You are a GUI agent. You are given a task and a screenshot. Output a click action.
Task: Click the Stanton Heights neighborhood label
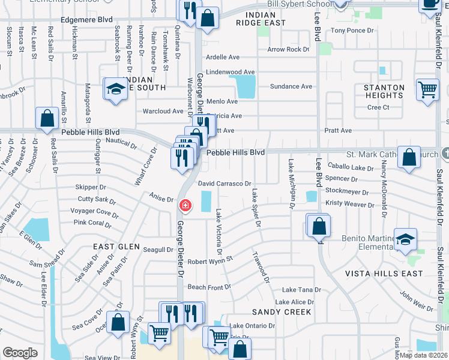(x=384, y=91)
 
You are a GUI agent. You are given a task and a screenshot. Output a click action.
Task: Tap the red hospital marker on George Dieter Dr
(x=185, y=206)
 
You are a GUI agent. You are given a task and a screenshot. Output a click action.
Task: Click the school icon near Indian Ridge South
(x=115, y=90)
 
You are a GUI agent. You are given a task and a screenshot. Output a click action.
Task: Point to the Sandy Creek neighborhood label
(x=282, y=312)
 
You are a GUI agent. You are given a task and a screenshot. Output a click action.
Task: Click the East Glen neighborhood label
(x=116, y=247)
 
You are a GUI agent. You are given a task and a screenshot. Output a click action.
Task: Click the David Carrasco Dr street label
(x=224, y=184)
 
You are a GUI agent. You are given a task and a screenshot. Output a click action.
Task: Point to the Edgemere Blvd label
(x=86, y=19)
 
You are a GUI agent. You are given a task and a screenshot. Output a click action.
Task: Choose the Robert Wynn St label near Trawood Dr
(x=210, y=262)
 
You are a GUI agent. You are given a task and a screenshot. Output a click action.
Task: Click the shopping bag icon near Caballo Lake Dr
(x=408, y=158)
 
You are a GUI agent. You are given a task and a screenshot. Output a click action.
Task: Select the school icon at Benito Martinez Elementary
(x=406, y=239)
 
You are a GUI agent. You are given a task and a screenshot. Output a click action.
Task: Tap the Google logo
(x=20, y=353)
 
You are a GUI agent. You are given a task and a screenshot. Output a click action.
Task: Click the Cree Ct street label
(x=378, y=107)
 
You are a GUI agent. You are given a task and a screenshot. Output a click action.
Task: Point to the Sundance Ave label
(x=291, y=86)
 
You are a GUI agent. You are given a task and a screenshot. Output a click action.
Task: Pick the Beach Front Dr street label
(x=209, y=287)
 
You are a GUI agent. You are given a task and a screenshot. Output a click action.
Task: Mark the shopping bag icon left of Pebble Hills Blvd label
(x=47, y=119)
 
